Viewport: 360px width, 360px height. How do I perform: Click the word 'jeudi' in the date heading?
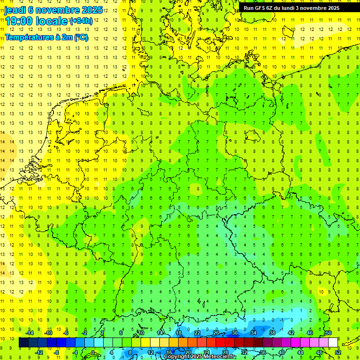coord(15,10)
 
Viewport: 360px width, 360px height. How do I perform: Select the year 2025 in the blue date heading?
coord(92,10)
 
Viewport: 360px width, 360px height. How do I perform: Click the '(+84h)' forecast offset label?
coord(81,21)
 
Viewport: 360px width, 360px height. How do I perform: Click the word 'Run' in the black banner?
coord(249,8)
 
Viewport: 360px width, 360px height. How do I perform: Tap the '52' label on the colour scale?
coord(338,352)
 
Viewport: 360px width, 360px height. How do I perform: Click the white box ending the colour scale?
coord(333,343)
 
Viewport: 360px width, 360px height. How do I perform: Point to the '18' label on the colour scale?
coord(179,333)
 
